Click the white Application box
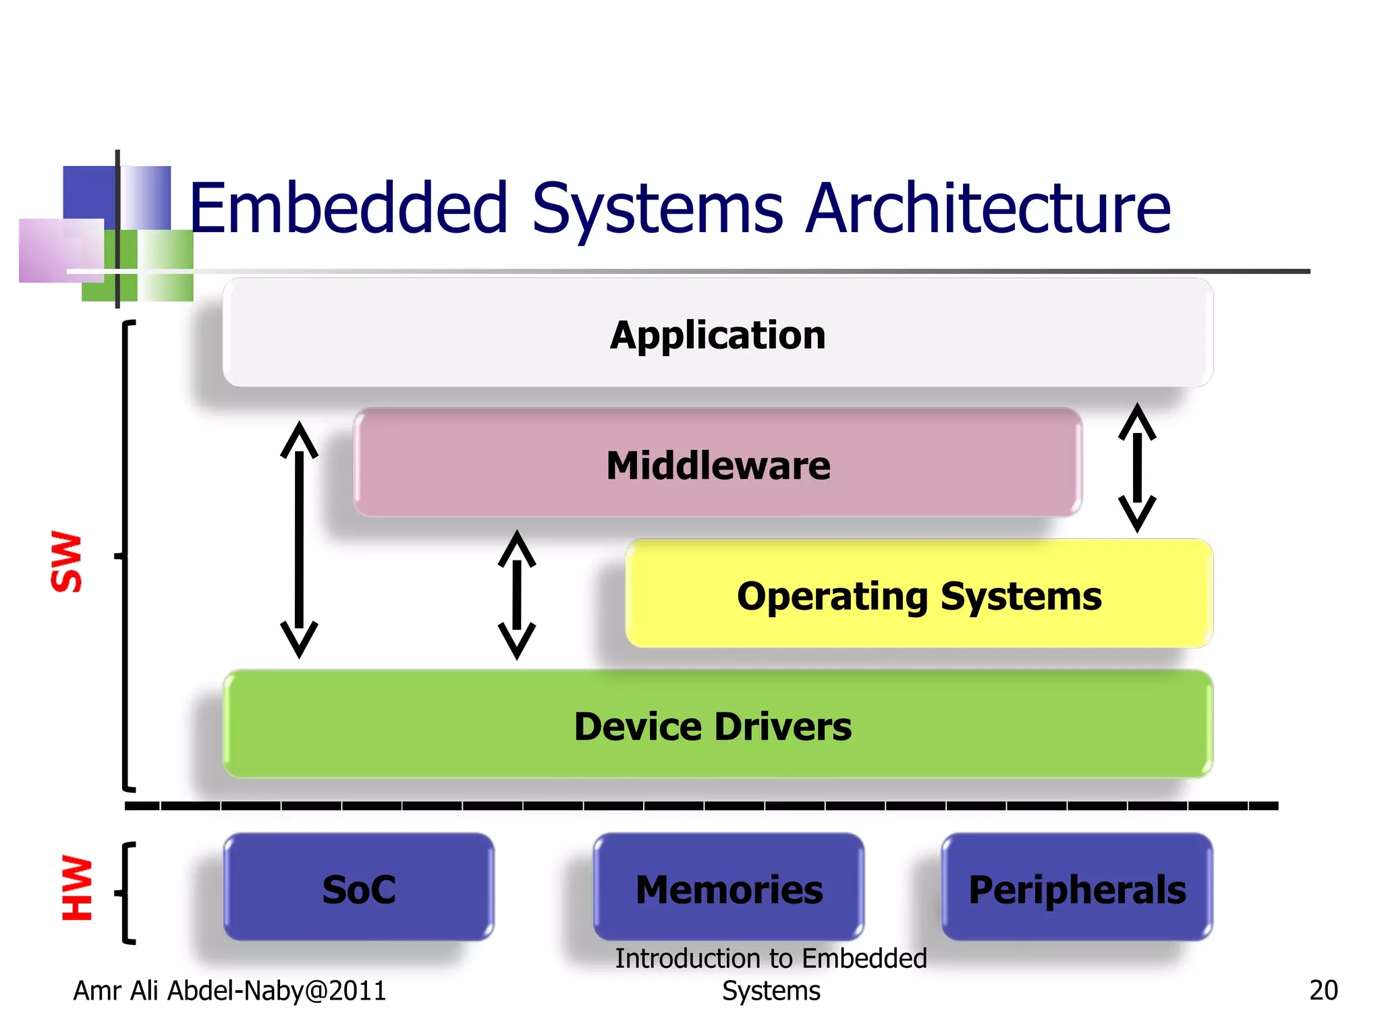(717, 333)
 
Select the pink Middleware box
(717, 464)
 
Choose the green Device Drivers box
(717, 725)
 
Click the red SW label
(67, 561)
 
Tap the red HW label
(76, 888)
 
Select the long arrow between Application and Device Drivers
(299, 540)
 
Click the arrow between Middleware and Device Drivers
(517, 595)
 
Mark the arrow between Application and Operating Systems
(1137, 467)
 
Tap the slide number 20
(1323, 990)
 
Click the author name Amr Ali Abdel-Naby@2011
(229, 990)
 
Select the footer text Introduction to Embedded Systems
(771, 974)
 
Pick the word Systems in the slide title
(657, 209)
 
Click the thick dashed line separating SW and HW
(702, 805)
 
